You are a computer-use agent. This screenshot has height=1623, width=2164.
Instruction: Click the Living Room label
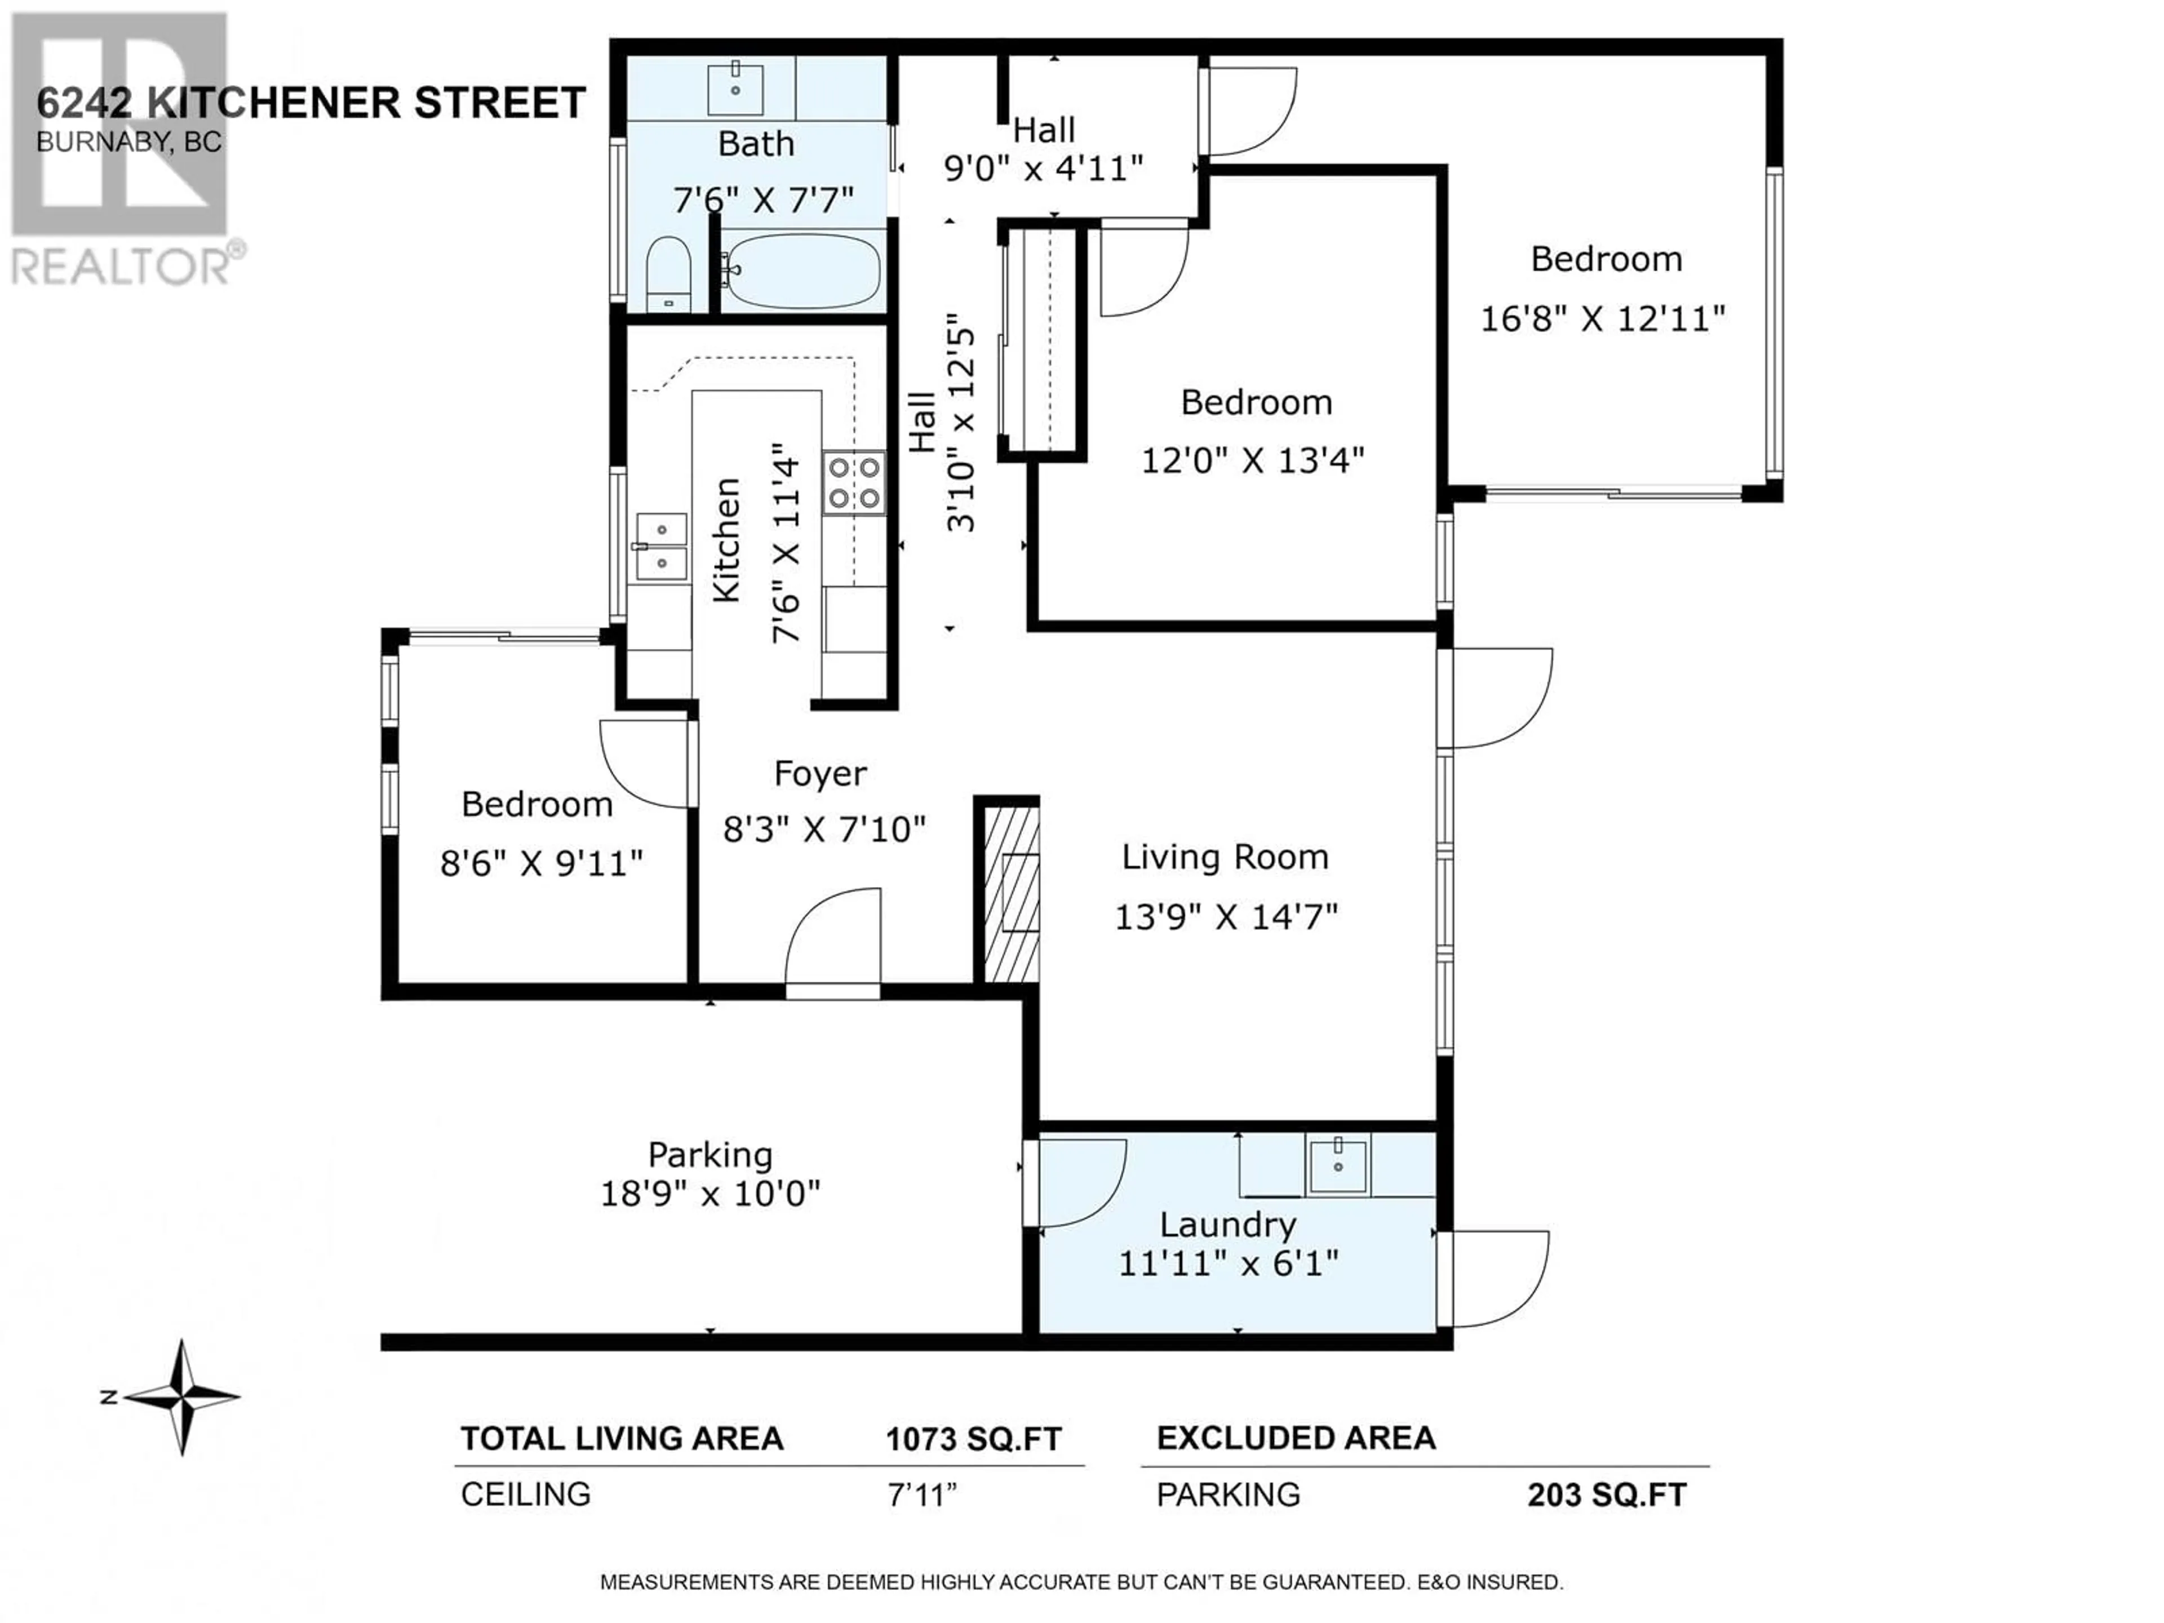point(1225,857)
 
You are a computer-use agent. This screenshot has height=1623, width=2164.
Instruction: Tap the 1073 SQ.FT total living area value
point(973,1439)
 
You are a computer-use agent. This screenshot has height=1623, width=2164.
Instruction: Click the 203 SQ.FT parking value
point(1607,1495)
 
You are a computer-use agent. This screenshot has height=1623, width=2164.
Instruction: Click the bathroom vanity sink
point(735,88)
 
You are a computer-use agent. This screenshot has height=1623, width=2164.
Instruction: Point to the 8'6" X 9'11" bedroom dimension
point(541,864)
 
